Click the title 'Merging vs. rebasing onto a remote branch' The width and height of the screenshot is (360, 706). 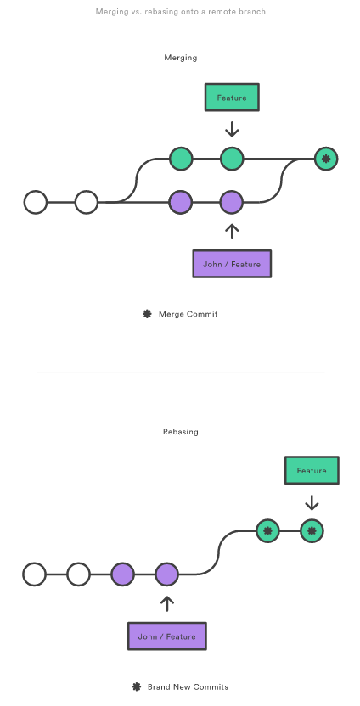pos(180,12)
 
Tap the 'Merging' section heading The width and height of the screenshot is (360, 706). pos(180,58)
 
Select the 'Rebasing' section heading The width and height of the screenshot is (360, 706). pos(180,432)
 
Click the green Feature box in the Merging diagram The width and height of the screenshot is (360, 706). pos(232,98)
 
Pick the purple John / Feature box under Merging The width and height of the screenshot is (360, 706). pos(232,264)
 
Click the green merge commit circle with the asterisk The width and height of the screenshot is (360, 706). pos(326,159)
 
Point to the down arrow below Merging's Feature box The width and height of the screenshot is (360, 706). pos(232,129)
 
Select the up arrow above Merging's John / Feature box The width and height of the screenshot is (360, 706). pos(232,232)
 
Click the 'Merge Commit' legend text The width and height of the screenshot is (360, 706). pos(188,314)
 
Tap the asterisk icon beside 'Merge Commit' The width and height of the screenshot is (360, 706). pos(147,314)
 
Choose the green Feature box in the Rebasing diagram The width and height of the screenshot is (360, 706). pos(312,470)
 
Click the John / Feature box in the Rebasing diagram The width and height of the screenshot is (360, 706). pos(167,636)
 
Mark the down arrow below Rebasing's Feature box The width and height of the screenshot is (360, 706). pos(312,502)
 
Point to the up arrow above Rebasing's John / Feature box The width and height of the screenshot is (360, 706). pos(167,604)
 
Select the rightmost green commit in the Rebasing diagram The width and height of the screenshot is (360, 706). pos(312,531)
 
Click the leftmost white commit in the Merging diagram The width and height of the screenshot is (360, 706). pos(36,202)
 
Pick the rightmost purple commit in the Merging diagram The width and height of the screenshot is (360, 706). pos(232,202)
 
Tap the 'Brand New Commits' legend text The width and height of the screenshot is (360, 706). pos(188,687)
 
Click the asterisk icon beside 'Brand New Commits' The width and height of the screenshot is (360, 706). pos(137,686)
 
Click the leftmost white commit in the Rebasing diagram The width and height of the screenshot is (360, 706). pos(35,574)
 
